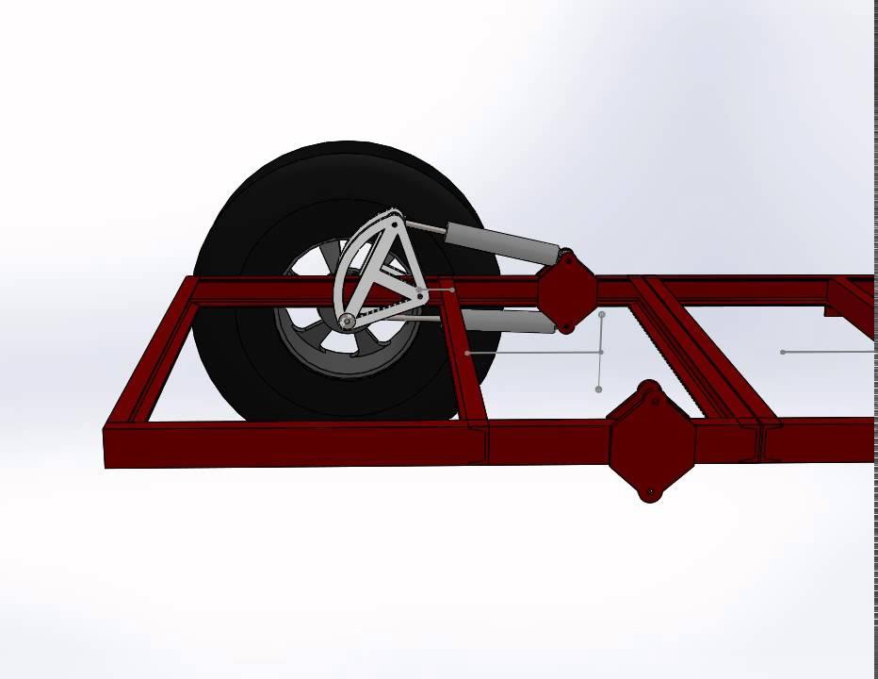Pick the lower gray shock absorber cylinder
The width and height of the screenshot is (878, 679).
(x=509, y=322)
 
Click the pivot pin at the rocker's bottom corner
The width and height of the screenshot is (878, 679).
(x=348, y=322)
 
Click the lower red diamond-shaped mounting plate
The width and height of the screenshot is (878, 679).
(x=651, y=441)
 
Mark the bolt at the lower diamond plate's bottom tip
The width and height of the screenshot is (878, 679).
(x=650, y=492)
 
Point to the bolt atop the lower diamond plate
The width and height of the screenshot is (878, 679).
(x=648, y=387)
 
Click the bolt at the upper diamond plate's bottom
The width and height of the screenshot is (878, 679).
(x=566, y=328)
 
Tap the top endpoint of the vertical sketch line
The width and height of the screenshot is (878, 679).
(x=602, y=315)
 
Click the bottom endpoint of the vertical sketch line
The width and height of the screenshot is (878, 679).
(x=599, y=389)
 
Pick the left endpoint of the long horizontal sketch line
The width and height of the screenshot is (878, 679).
(x=468, y=353)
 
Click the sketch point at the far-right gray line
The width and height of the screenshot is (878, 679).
(x=783, y=352)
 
